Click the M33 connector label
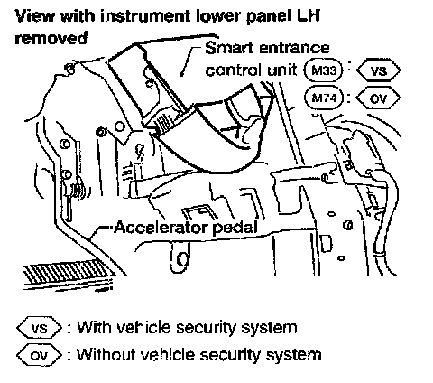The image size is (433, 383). click(324, 70)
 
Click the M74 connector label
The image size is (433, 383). click(324, 98)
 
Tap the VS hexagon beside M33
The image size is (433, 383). click(379, 70)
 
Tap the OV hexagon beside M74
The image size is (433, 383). click(379, 98)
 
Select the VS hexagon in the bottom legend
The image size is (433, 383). click(39, 328)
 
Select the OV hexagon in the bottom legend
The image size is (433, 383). click(39, 355)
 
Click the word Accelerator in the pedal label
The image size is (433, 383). click(161, 228)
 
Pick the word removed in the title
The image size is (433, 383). click(51, 38)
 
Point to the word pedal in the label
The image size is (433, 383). click(235, 228)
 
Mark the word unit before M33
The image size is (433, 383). click(281, 70)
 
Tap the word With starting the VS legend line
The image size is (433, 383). click(94, 327)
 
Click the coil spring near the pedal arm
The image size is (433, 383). click(78, 189)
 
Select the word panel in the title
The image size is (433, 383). click(269, 16)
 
